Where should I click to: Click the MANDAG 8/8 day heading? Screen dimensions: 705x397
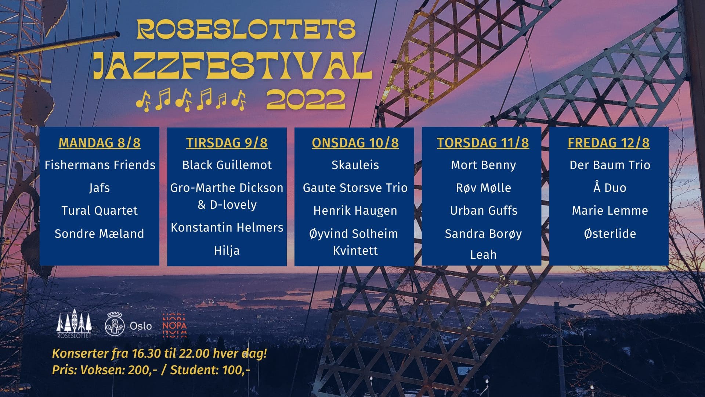(100, 143)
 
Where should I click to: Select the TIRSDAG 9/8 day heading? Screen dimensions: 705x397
(227, 143)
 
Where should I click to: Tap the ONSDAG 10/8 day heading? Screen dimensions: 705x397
(355, 143)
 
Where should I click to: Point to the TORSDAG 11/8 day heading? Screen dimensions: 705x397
(483, 143)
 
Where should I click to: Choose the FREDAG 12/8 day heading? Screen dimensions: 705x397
(609, 143)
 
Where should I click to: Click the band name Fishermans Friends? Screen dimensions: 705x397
(100, 165)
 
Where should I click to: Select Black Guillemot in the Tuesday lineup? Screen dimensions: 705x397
(227, 165)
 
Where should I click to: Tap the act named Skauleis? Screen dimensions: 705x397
(355, 165)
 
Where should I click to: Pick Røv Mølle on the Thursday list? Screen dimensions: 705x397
(483, 188)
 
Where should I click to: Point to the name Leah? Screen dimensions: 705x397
(483, 254)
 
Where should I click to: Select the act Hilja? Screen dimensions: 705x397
(227, 251)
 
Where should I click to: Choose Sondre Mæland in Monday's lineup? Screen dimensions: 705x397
(99, 233)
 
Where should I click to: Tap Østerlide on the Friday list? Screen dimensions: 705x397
(610, 233)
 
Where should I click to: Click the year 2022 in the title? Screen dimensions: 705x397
(305, 100)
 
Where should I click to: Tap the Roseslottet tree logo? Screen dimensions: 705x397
(74, 323)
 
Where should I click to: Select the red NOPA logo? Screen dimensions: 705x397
(174, 325)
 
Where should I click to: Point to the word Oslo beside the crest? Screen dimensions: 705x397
(141, 326)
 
